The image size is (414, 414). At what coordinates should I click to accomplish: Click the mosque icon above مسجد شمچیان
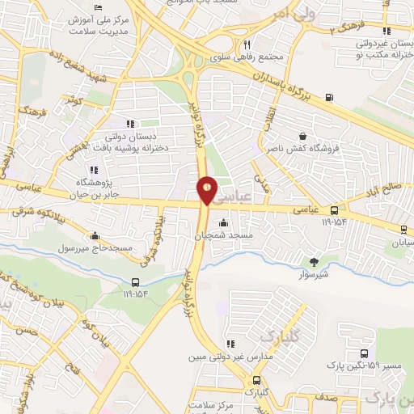click(223, 223)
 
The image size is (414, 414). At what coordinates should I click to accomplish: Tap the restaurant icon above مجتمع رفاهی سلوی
click(247, 45)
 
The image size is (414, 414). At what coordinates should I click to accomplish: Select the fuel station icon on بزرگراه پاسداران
click(328, 99)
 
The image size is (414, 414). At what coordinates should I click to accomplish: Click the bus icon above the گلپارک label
click(256, 380)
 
